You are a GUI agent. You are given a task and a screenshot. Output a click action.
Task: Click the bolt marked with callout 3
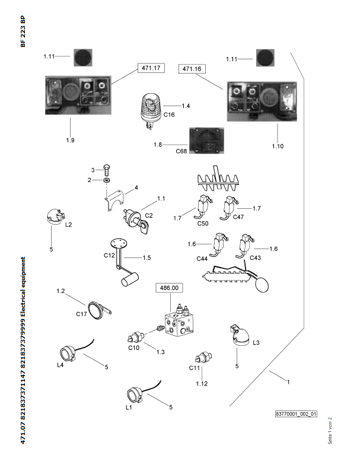[x=107, y=170]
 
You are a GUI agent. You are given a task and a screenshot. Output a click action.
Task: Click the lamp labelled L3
[x=240, y=335]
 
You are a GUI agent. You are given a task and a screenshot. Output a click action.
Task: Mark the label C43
[x=256, y=259]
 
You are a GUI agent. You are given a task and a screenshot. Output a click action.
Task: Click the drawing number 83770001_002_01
[x=297, y=414]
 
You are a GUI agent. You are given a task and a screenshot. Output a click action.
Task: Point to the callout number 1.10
[x=278, y=145]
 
